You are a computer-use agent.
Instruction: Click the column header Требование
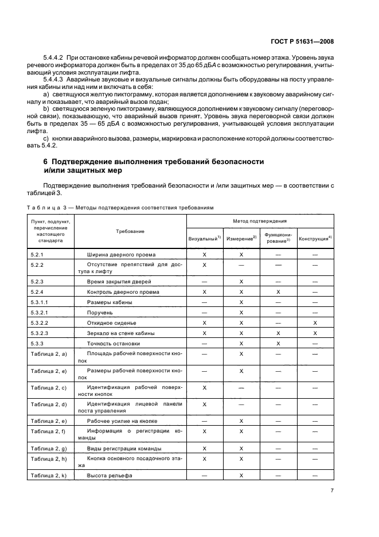[130, 231]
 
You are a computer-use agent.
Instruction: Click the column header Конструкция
[315, 238]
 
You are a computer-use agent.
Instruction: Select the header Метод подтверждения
[260, 220]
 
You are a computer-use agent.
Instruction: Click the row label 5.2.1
[37, 254]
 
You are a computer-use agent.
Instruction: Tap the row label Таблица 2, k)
[49, 476]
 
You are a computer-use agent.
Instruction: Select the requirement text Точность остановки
[113, 343]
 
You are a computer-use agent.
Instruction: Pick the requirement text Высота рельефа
[110, 476]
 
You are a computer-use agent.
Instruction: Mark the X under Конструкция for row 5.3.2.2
[315, 322]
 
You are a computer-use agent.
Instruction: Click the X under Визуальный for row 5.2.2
[204, 265]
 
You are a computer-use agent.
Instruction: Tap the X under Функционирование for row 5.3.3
[278, 343]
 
